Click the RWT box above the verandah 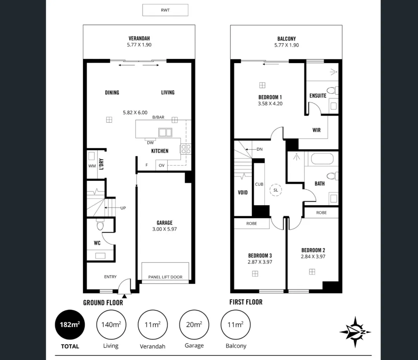pyautogui.click(x=165, y=10)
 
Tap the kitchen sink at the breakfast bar pyautogui.click(x=165, y=132)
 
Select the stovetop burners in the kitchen pyautogui.click(x=186, y=149)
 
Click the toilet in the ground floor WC pyautogui.click(x=100, y=225)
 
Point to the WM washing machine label pyautogui.click(x=92, y=166)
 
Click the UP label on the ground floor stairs pyautogui.click(x=123, y=208)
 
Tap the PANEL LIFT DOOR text pyautogui.click(x=165, y=277)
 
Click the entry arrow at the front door pyautogui.click(x=125, y=296)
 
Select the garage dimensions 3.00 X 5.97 pyautogui.click(x=164, y=229)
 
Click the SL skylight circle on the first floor pyautogui.click(x=276, y=190)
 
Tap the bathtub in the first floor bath pyautogui.click(x=322, y=159)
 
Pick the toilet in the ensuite pyautogui.click(x=332, y=91)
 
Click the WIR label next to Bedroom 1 pyautogui.click(x=317, y=130)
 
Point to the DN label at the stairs pyautogui.click(x=259, y=149)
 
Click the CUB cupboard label pyautogui.click(x=259, y=184)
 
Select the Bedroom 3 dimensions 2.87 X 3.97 pyautogui.click(x=260, y=262)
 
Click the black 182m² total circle pyautogui.click(x=70, y=324)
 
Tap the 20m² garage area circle pyautogui.click(x=194, y=324)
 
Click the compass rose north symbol pyautogui.click(x=355, y=332)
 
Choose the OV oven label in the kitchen pyautogui.click(x=161, y=165)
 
